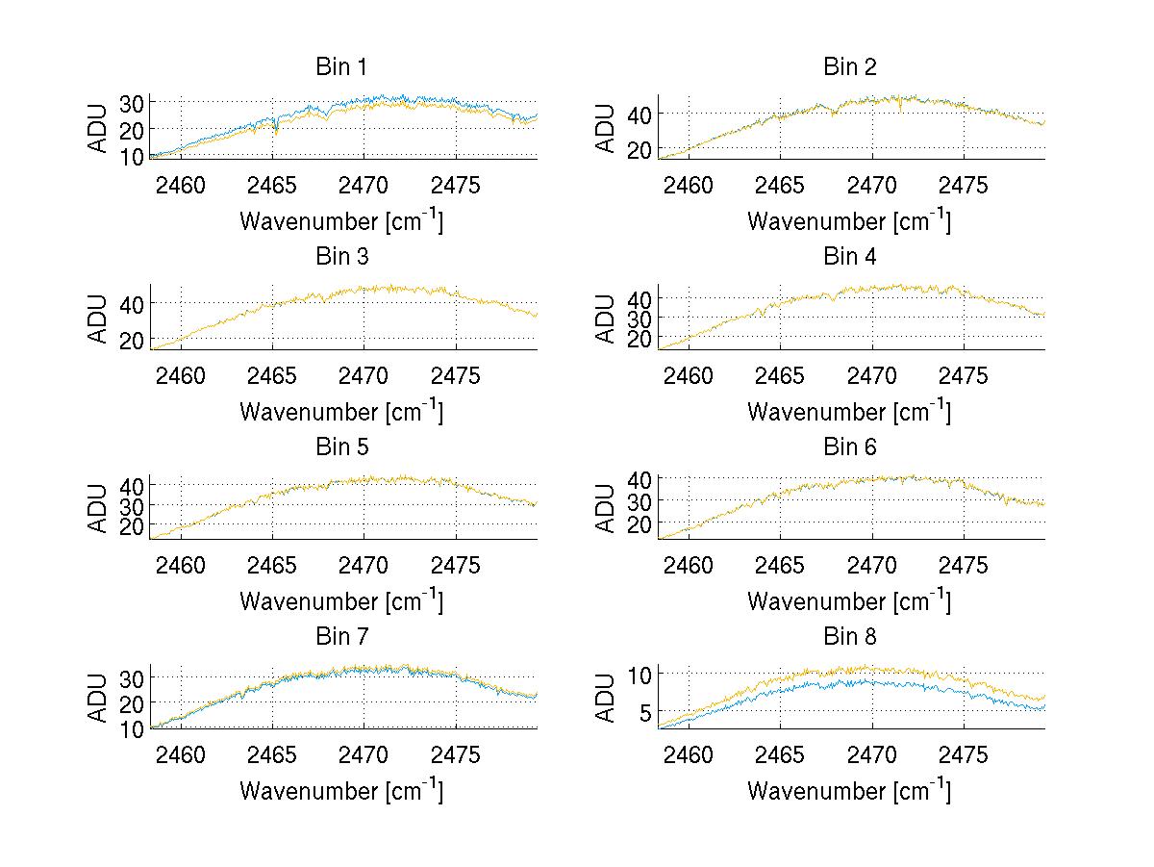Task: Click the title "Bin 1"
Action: [341, 67]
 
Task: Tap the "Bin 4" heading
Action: [850, 257]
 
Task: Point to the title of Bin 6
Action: [850, 447]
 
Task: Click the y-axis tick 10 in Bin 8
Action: [640, 674]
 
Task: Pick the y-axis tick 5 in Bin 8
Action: [645, 711]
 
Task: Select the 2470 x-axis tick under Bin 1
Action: [364, 185]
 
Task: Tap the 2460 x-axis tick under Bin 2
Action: [689, 185]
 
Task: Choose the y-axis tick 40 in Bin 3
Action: [132, 304]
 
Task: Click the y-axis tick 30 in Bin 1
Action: [132, 103]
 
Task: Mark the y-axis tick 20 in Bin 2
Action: [640, 149]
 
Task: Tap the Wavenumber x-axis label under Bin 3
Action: [341, 411]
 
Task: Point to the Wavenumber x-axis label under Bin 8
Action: [849, 791]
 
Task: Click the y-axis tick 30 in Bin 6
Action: [640, 501]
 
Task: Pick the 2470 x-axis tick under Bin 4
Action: [871, 375]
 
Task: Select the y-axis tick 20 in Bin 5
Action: [132, 526]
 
